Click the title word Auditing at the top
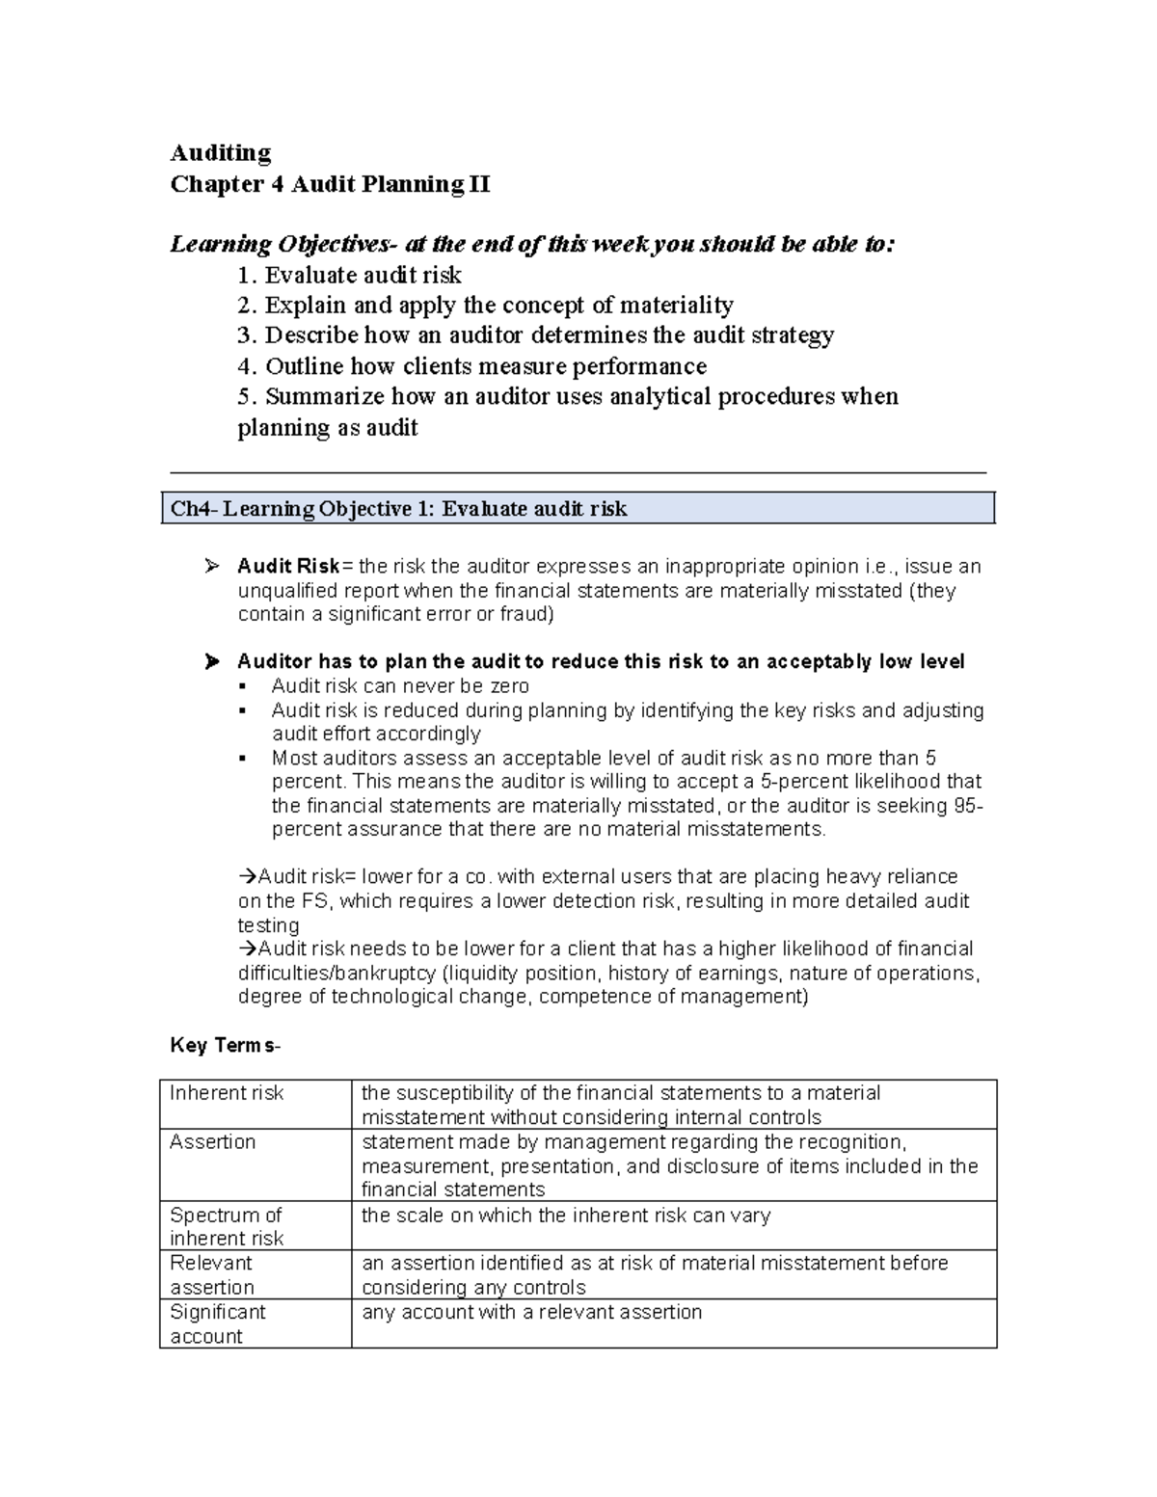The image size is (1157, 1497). [x=220, y=152]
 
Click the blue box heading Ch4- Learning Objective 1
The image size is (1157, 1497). [x=398, y=508]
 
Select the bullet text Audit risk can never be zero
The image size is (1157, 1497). [x=400, y=685]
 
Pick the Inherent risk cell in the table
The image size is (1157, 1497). [x=227, y=1093]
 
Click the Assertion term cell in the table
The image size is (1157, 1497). [x=213, y=1142]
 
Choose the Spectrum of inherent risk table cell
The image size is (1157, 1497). [x=227, y=1226]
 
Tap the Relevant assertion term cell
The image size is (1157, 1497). [x=212, y=1274]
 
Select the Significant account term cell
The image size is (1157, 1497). [x=218, y=1323]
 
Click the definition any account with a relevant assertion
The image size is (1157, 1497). [x=531, y=1312]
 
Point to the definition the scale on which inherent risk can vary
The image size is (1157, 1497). [x=566, y=1216]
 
